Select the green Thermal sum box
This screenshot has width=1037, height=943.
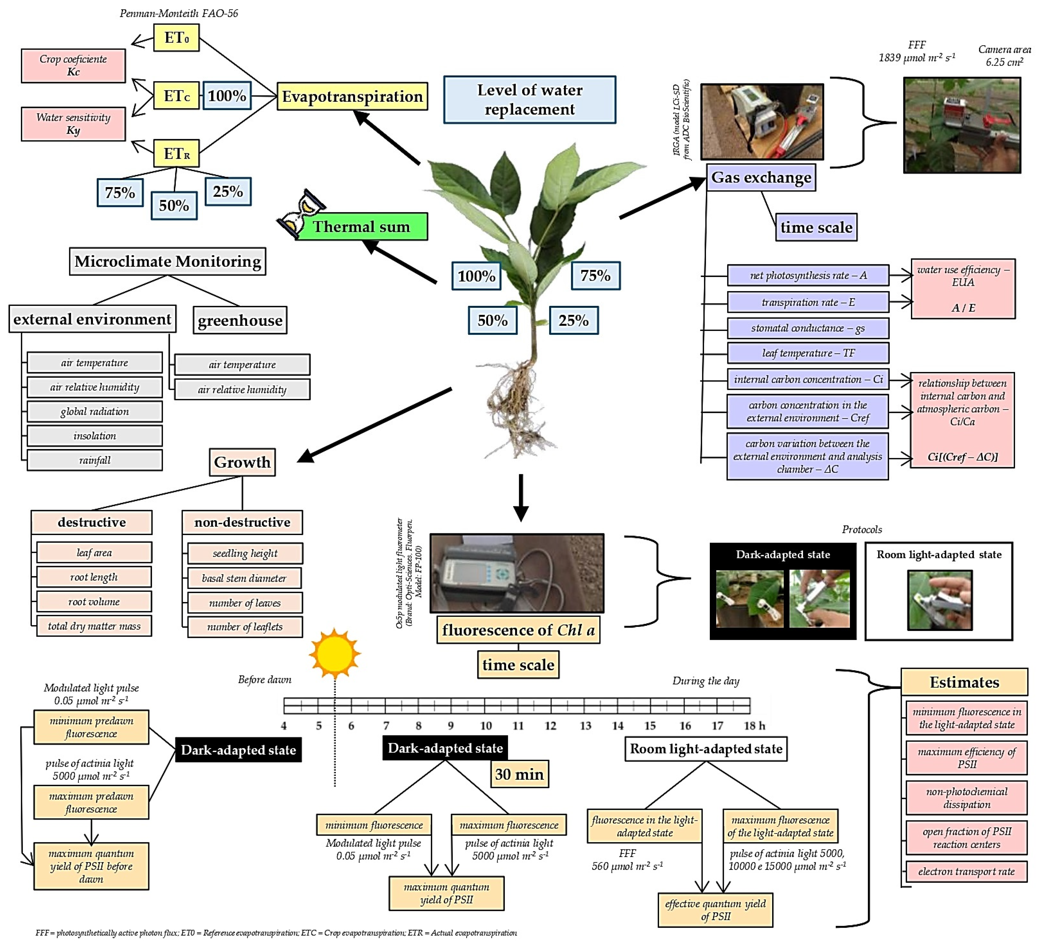[x=362, y=226]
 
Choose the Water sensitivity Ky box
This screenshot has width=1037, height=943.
[x=73, y=123]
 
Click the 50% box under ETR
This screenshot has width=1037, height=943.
[x=174, y=205]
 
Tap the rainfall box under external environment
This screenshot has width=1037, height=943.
[x=95, y=460]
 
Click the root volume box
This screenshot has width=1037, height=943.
[x=94, y=601]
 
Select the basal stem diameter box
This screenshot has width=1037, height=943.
[x=244, y=578]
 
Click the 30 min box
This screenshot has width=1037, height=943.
[x=519, y=774]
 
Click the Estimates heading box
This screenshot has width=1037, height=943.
[x=964, y=682]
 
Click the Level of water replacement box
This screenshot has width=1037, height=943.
[x=529, y=99]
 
